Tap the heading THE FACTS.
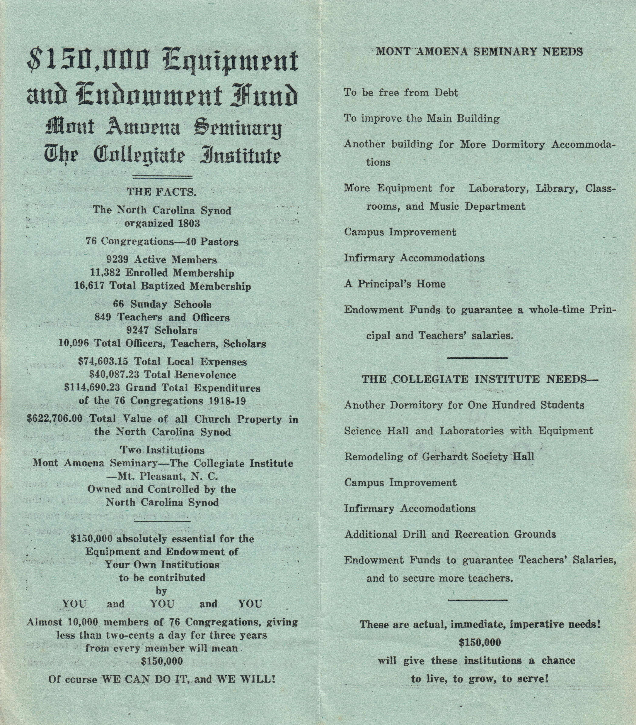(x=162, y=192)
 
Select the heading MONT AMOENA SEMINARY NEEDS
(x=479, y=52)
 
